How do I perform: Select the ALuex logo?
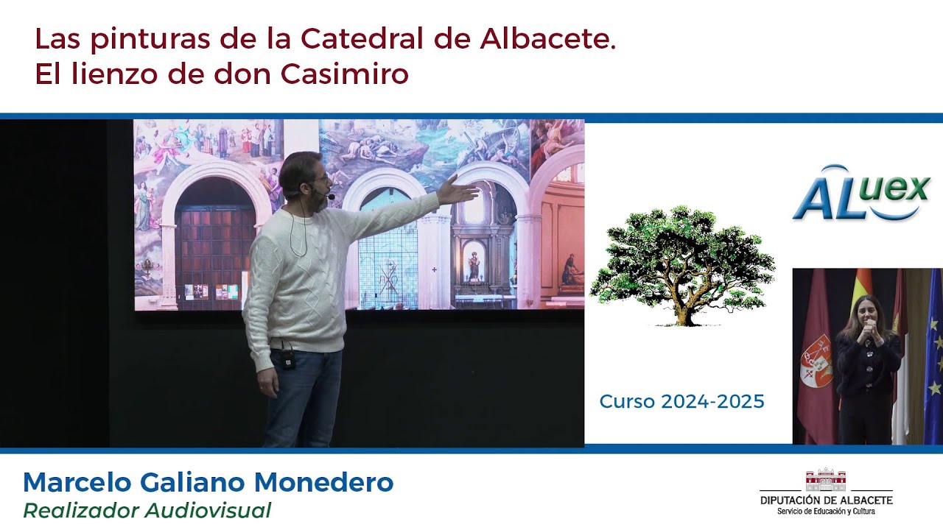(861, 193)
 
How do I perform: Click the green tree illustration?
(682, 265)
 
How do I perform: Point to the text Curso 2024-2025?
(681, 401)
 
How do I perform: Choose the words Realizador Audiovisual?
(147, 510)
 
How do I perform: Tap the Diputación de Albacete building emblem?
(825, 480)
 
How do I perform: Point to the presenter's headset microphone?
(330, 197)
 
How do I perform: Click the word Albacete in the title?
(547, 39)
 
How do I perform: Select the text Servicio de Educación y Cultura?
(825, 511)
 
